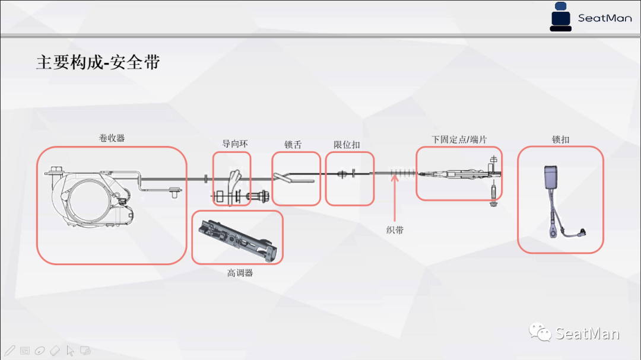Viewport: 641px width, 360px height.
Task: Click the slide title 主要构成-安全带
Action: (x=98, y=62)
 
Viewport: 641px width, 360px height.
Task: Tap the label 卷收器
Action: (x=112, y=138)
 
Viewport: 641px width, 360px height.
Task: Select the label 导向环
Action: (x=235, y=144)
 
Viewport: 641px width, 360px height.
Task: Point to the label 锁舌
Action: (x=293, y=144)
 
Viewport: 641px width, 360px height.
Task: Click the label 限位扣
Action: (x=347, y=144)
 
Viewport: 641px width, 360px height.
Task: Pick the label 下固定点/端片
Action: (x=459, y=139)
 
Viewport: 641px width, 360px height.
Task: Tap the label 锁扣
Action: (x=560, y=139)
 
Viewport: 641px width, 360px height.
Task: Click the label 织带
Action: (x=395, y=230)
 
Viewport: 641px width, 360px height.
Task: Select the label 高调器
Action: (x=240, y=273)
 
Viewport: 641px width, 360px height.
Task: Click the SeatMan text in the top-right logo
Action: (x=605, y=18)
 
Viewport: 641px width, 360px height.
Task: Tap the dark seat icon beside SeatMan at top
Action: (x=560, y=17)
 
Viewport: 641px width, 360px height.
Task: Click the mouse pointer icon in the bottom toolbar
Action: (x=70, y=350)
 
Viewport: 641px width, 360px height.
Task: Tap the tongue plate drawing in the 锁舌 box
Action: (x=283, y=176)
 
